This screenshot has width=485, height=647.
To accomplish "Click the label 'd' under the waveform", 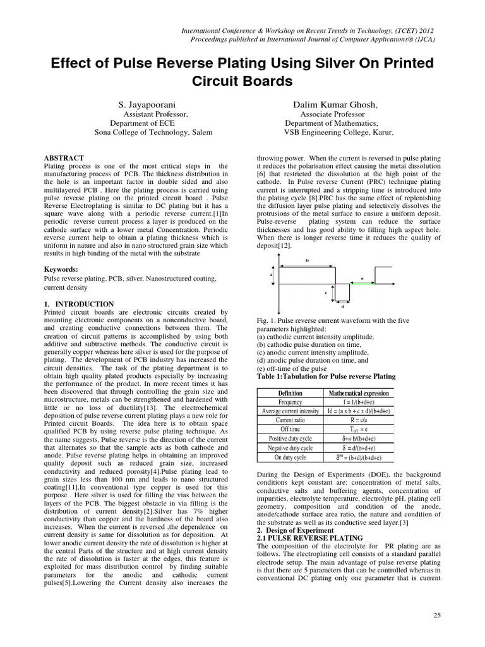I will point(342,307).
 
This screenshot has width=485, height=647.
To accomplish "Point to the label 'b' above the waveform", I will point(307,260).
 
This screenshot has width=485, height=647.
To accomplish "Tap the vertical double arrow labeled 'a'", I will point(276,275).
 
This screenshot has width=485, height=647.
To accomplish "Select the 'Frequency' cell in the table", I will point(290,402).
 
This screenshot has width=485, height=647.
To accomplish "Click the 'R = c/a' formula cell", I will point(359,420).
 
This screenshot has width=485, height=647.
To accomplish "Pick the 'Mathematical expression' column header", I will point(359,393).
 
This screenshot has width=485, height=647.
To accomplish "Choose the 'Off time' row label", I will point(290,429).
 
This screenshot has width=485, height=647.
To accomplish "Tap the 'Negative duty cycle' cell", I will point(290,447).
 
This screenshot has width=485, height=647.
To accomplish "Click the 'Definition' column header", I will point(290,393).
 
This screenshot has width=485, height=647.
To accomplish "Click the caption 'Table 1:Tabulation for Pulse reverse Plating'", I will point(326,376).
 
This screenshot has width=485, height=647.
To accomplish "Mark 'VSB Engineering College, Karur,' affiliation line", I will point(338,133).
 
